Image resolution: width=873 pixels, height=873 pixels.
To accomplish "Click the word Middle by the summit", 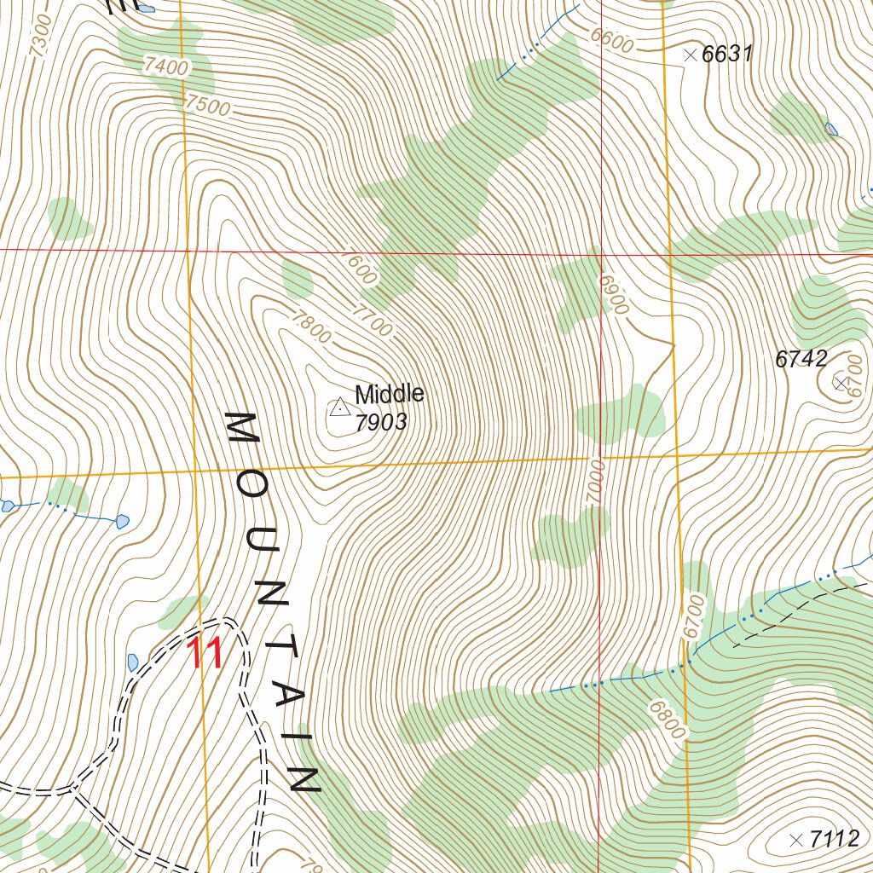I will [390, 394].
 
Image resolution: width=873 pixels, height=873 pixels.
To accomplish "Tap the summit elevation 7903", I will [381, 422].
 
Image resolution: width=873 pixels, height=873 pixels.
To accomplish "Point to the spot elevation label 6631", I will [728, 55].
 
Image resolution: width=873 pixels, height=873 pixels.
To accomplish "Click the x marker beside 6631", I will [691, 55].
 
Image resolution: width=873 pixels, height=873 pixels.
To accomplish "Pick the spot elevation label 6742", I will [801, 359].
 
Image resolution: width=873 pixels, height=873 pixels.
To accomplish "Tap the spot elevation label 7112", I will [835, 839].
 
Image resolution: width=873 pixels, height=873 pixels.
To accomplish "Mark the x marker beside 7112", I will [796, 839].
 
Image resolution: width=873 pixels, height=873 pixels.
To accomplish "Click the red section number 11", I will [205, 655].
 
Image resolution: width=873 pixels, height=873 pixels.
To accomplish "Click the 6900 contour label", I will [612, 293].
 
